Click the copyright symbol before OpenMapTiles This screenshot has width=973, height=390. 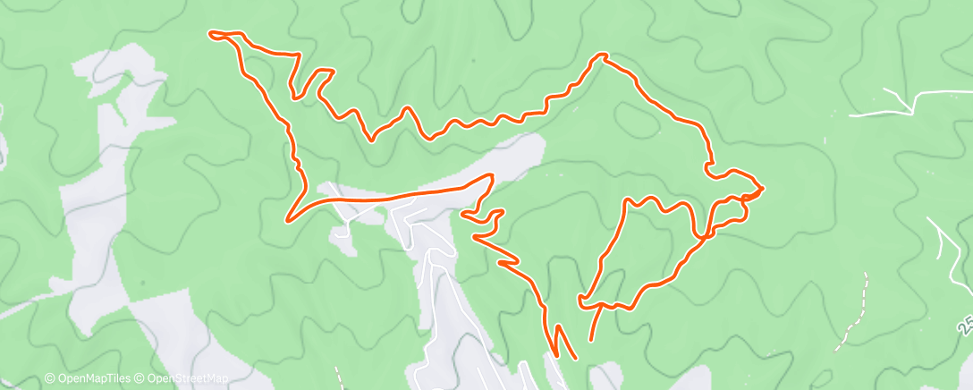pyautogui.click(x=49, y=378)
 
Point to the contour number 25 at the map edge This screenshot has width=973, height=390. pyautogui.click(x=964, y=324)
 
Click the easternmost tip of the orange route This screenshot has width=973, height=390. pyautogui.click(x=762, y=188)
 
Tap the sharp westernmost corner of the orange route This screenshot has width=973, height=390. pyautogui.click(x=287, y=218)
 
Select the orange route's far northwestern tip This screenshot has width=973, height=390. pyautogui.click(x=211, y=34)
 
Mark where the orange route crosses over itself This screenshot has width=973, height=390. pyautogui.click(x=706, y=235)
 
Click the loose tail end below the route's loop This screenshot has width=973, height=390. pyautogui.click(x=590, y=340)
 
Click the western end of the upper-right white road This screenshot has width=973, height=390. pyautogui.click(x=850, y=115)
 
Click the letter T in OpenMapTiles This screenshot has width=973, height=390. pyautogui.click(x=104, y=378)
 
